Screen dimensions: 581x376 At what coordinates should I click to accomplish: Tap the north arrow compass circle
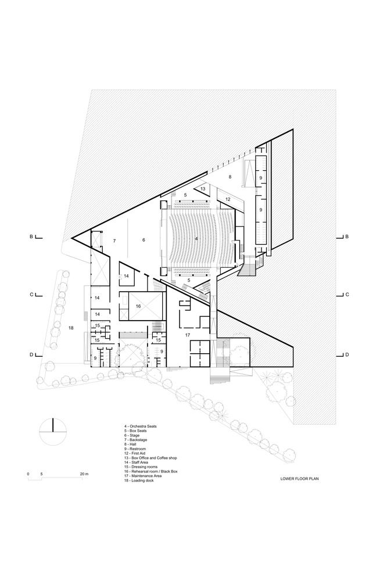tap(53, 432)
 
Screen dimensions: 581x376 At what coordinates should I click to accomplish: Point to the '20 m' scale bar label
tap(84, 474)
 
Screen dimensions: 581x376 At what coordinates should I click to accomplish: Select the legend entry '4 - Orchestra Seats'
tap(140, 426)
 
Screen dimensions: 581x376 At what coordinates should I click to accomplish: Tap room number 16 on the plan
tap(138, 306)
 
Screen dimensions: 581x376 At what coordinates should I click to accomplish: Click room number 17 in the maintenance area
tap(187, 335)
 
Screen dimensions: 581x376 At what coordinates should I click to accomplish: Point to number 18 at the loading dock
tap(71, 328)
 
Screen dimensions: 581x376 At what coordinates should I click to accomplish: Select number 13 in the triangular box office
tap(203, 189)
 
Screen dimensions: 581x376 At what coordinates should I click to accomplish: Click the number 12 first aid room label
tap(228, 199)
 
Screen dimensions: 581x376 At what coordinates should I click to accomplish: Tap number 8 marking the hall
tap(230, 176)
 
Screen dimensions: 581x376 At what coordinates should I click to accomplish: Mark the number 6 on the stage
tap(143, 240)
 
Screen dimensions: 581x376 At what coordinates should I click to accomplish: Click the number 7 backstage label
tap(114, 240)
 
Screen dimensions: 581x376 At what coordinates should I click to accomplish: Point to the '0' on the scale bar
tap(28, 474)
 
